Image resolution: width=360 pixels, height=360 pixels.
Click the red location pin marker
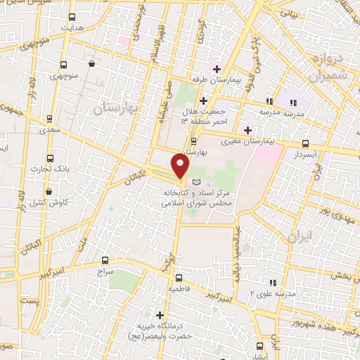pos(181,166)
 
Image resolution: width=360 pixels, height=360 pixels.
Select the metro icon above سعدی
pos(49,118)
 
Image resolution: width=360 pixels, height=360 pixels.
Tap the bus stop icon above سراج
pos(105,259)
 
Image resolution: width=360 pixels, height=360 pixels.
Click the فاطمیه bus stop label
pos(178,288)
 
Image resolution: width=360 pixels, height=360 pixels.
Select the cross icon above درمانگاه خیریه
pos(160,314)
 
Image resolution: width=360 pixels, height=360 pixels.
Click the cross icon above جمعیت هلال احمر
pos(202,101)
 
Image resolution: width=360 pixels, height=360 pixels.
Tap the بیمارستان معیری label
pos(240,141)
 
